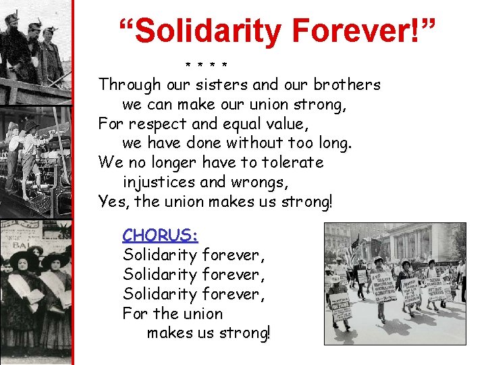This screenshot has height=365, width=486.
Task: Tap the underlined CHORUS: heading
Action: click(x=160, y=235)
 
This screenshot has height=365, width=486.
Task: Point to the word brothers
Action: click(x=346, y=85)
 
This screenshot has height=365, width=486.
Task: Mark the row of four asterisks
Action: click(x=206, y=66)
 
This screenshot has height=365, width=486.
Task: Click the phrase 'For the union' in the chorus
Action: click(x=172, y=314)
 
